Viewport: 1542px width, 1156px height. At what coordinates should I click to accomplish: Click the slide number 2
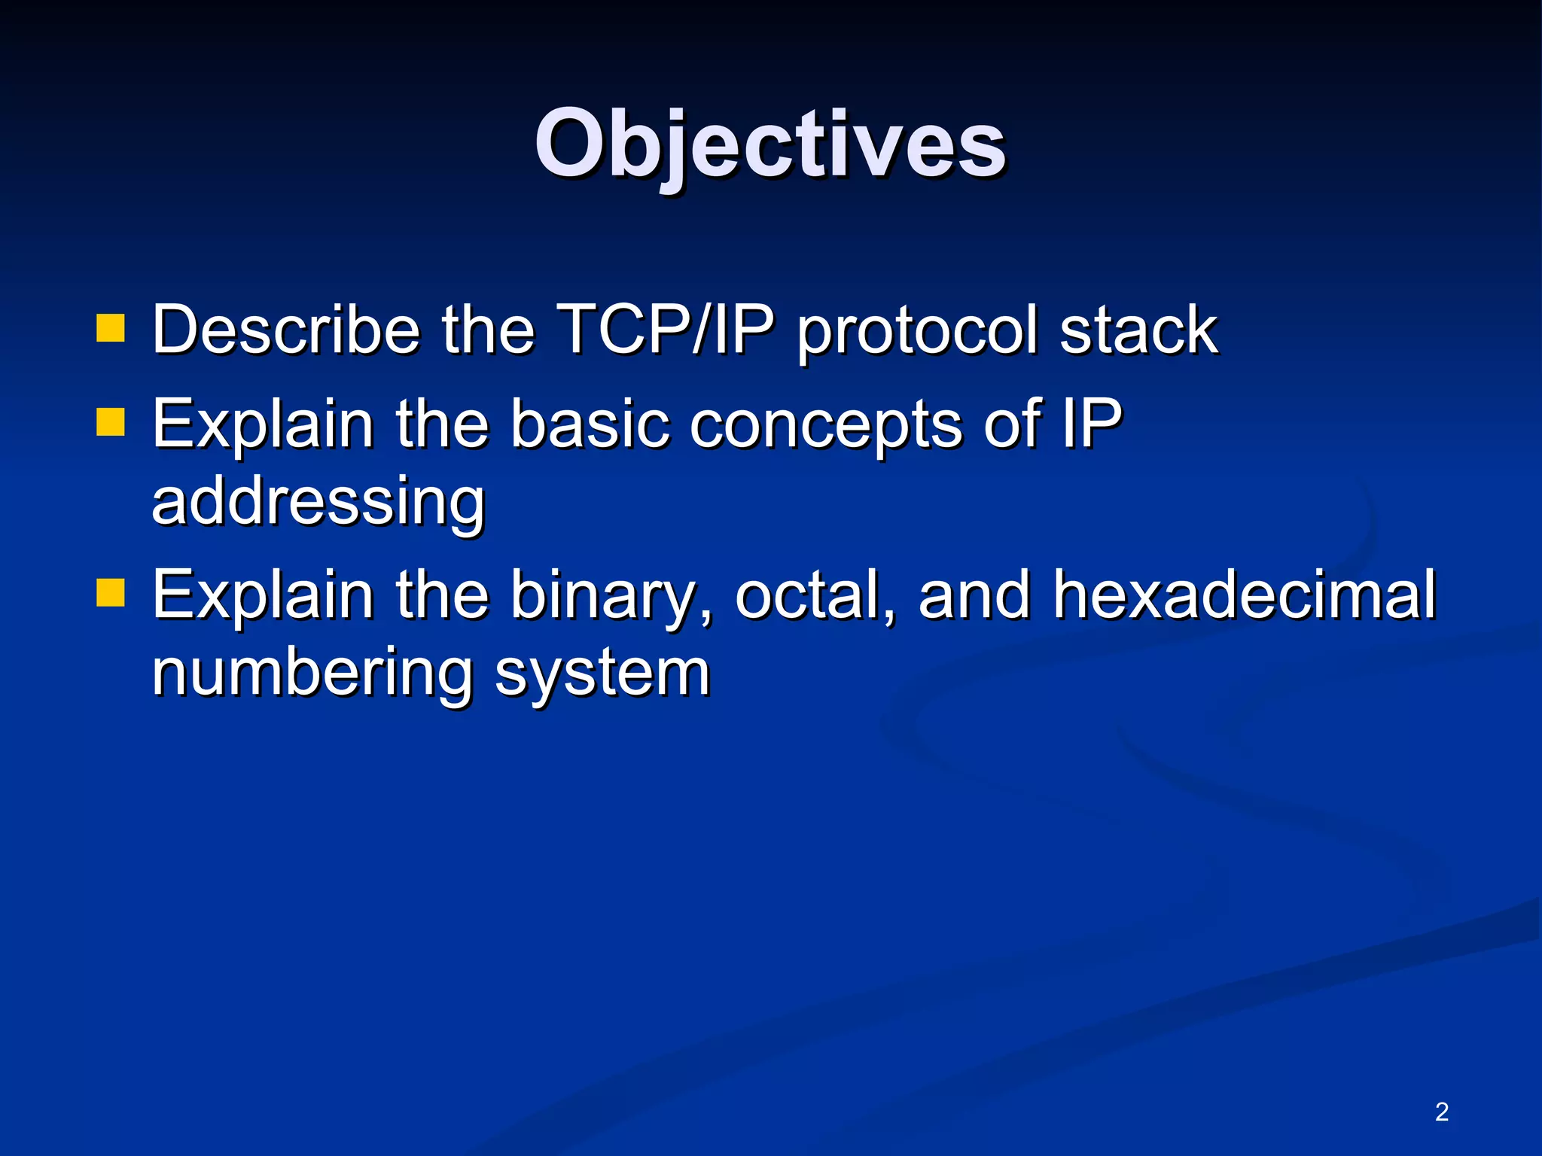[x=1441, y=1112]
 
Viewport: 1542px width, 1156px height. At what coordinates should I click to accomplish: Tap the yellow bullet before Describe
[x=110, y=328]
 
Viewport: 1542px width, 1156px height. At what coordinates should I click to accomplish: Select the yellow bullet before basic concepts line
[x=110, y=422]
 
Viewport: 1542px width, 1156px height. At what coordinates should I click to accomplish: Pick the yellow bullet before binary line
[x=110, y=592]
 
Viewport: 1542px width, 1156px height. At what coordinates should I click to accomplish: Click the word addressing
[x=318, y=502]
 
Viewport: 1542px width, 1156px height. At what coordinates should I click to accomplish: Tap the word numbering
[x=311, y=673]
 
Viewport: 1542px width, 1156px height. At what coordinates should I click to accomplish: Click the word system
[x=602, y=674]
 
